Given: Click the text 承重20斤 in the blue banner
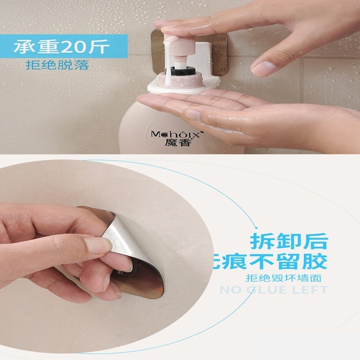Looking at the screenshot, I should click(x=61, y=46).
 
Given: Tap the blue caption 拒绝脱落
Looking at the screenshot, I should click(x=57, y=65).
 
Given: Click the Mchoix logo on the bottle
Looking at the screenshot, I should click(x=177, y=134).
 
